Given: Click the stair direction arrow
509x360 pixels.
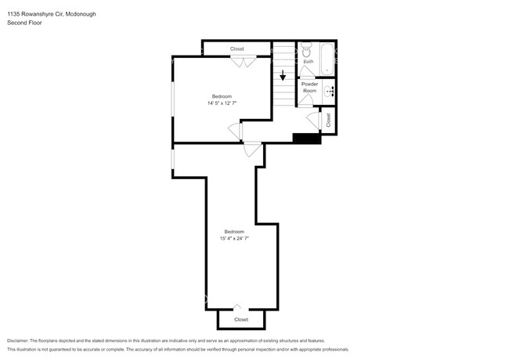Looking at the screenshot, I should pos(283,77).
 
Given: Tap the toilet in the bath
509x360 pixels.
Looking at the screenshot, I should pos(307,48).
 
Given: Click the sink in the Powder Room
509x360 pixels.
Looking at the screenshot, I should pos(330,92).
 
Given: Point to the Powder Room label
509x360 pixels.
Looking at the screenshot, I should pos(309,87).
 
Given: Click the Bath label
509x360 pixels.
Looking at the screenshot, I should pos(309,61).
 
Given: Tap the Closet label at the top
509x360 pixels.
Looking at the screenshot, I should pos(236,49).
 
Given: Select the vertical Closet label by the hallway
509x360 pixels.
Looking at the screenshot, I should pos(329,120).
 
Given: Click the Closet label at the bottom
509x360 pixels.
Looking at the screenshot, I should pos(241,319).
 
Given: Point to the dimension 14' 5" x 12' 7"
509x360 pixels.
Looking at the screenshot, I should pos(222,103).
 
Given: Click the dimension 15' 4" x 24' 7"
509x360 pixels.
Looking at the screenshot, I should pos(234,238).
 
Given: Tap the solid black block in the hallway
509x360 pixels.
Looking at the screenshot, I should pos(306,139).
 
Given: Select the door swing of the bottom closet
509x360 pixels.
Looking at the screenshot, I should pos(239,306).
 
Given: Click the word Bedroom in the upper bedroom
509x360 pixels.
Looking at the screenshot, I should pos(222,96).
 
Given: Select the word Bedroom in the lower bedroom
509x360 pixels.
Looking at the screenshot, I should pos(234,231).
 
